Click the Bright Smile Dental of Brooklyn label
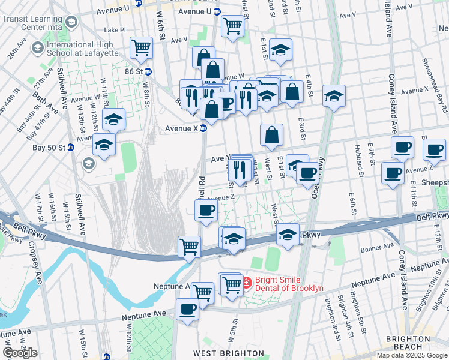pyautogui.click(x=289, y=284)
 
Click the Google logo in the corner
pyautogui.click(x=20, y=353)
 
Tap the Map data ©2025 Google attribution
pyautogui.click(x=412, y=355)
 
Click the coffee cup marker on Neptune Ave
pyautogui.click(x=187, y=310)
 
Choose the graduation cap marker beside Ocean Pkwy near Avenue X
pyautogui.click(x=334, y=95)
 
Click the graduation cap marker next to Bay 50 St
pyautogui.click(x=104, y=145)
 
